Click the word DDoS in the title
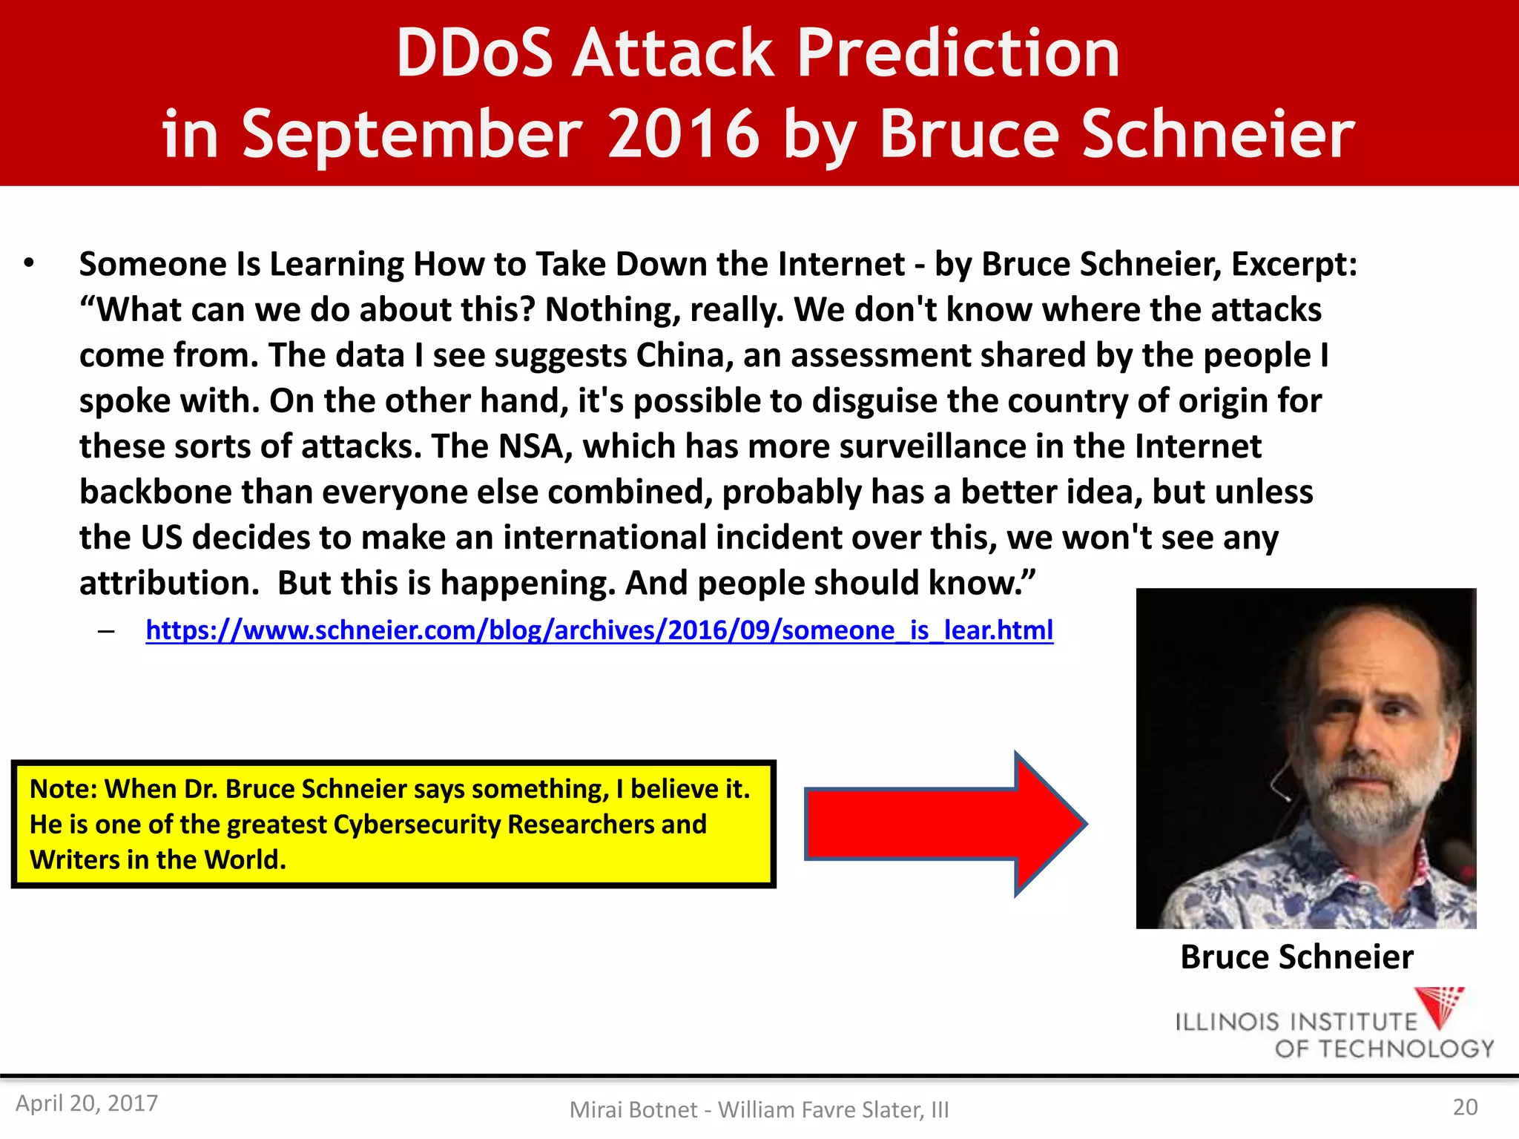pyautogui.click(x=475, y=53)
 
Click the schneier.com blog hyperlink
pyautogui.click(x=599, y=630)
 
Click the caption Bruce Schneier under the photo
pyautogui.click(x=1296, y=957)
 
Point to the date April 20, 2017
pyautogui.click(x=87, y=1103)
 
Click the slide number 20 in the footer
pyautogui.click(x=1465, y=1106)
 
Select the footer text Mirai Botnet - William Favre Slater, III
pyautogui.click(x=759, y=1109)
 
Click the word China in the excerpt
pyautogui.click(x=679, y=355)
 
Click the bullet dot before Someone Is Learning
pyautogui.click(x=29, y=263)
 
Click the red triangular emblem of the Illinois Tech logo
pyautogui.click(x=1440, y=1006)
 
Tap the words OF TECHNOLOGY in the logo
pyautogui.click(x=1384, y=1049)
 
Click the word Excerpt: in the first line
pyautogui.click(x=1294, y=264)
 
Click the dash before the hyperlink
pyautogui.click(x=106, y=631)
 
